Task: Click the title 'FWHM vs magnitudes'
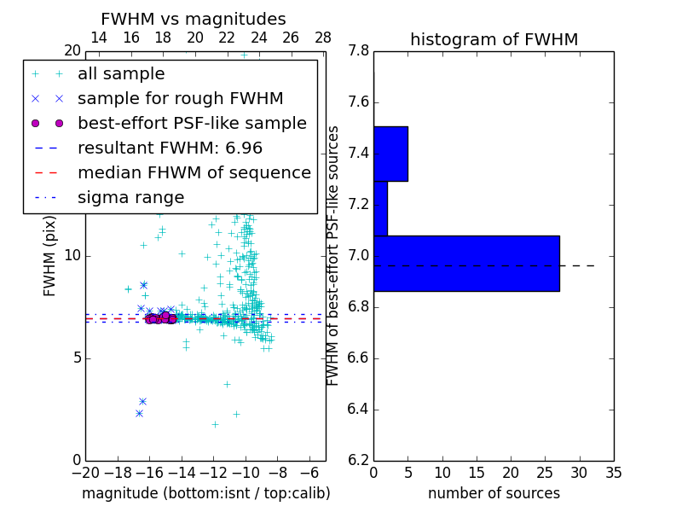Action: pyautogui.click(x=194, y=19)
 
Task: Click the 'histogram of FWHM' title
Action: pyautogui.click(x=494, y=39)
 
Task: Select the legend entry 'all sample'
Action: pyautogui.click(x=121, y=74)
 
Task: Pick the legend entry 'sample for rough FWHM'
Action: pyautogui.click(x=180, y=99)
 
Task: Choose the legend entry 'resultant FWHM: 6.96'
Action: pyautogui.click(x=170, y=148)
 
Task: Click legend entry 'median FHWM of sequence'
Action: pyautogui.click(x=194, y=173)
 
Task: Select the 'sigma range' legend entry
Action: pyautogui.click(x=130, y=198)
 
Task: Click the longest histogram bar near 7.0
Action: pyautogui.click(x=466, y=264)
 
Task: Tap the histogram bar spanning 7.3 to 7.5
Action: pyautogui.click(x=390, y=154)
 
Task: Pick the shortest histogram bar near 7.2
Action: pyautogui.click(x=380, y=208)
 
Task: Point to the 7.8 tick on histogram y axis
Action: pyautogui.click(x=358, y=51)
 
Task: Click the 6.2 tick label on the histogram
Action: pyautogui.click(x=358, y=460)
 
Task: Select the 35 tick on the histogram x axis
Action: pyautogui.click(x=613, y=472)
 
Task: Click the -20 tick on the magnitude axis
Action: pyautogui.click(x=85, y=472)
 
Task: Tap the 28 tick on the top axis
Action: pyautogui.click(x=323, y=38)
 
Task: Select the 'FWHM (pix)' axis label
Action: pyautogui.click(x=50, y=256)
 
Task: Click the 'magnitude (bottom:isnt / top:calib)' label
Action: pyautogui.click(x=205, y=493)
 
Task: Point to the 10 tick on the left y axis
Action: pyautogui.click(x=72, y=256)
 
